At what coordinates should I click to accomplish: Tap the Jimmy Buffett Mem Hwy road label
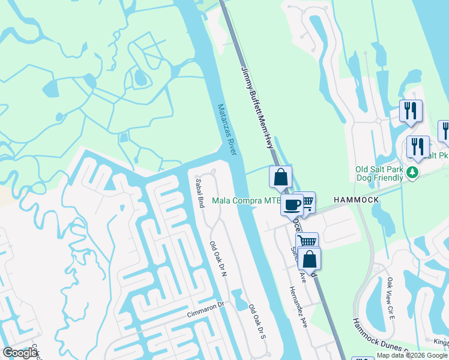coord(258,108)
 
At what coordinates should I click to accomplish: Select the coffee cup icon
coord(293,204)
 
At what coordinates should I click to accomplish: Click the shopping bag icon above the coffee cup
coord(280,177)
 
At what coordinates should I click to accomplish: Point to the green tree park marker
coord(412,173)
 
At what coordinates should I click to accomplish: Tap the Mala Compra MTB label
coord(247,200)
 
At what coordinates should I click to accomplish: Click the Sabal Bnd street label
coord(200,193)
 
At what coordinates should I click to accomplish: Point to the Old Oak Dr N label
coord(217,259)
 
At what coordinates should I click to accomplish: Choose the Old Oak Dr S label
coord(257,322)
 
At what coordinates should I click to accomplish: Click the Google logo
coord(20,353)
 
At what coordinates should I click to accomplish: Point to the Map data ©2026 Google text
coord(412,355)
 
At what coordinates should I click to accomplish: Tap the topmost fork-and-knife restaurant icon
coord(411,110)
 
